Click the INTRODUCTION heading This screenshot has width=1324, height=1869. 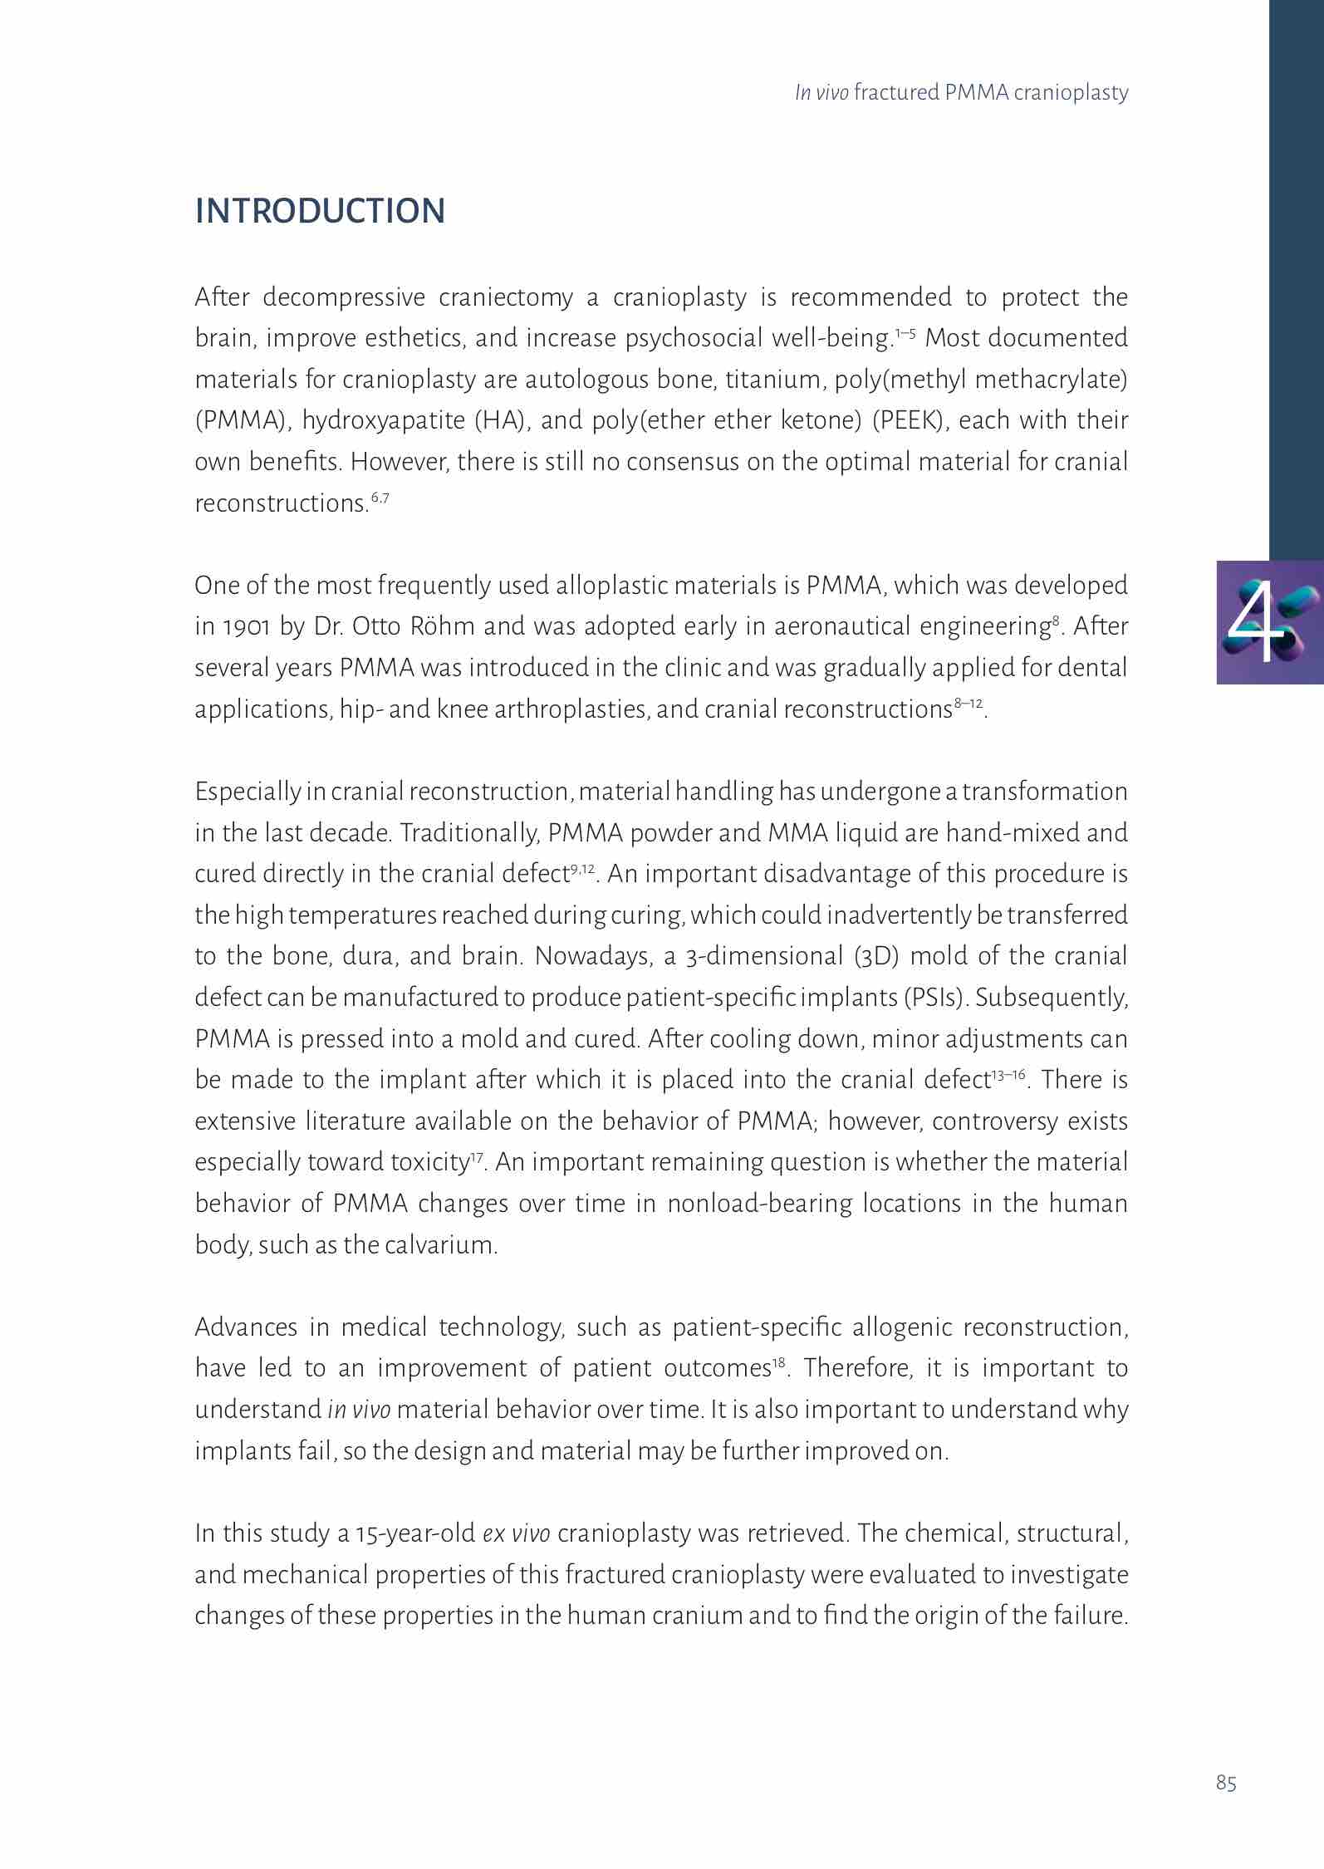pyautogui.click(x=320, y=211)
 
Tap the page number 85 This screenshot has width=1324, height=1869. pyautogui.click(x=1226, y=1783)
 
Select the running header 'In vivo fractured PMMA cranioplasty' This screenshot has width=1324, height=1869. pyautogui.click(x=961, y=92)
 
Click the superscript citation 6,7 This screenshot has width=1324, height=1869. pyautogui.click(x=380, y=498)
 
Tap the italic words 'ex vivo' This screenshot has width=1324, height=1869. pyautogui.click(x=516, y=1533)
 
